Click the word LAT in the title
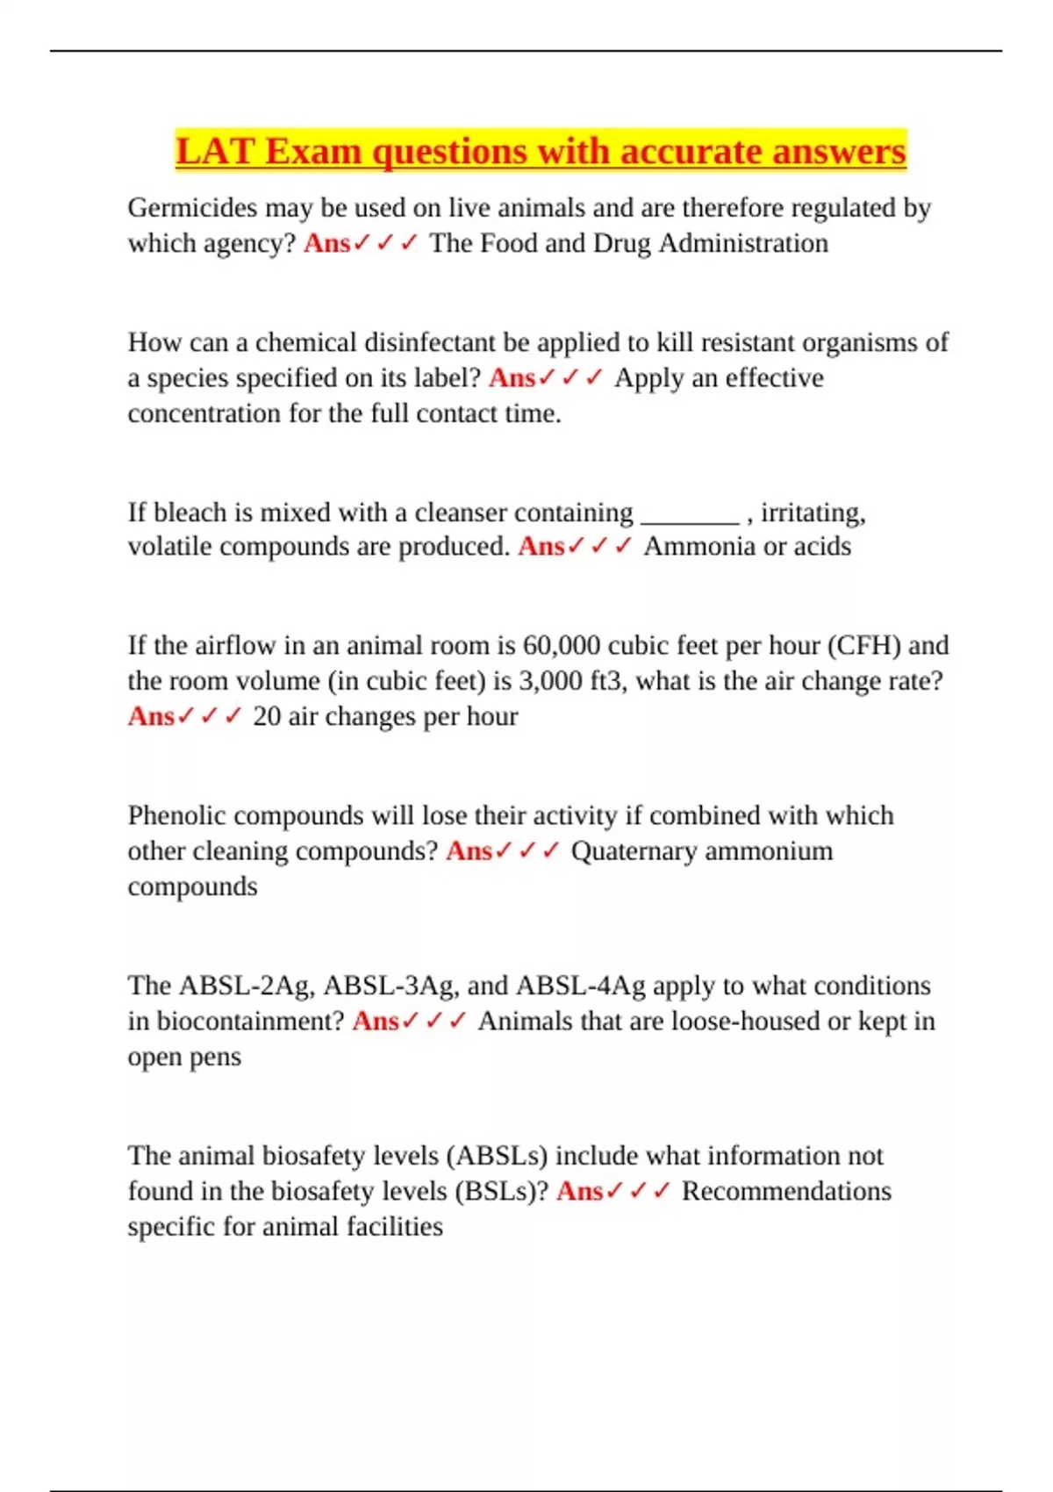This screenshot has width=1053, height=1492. (x=215, y=151)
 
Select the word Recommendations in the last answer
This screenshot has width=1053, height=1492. (x=786, y=1191)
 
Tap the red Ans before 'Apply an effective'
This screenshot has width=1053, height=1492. (x=512, y=378)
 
